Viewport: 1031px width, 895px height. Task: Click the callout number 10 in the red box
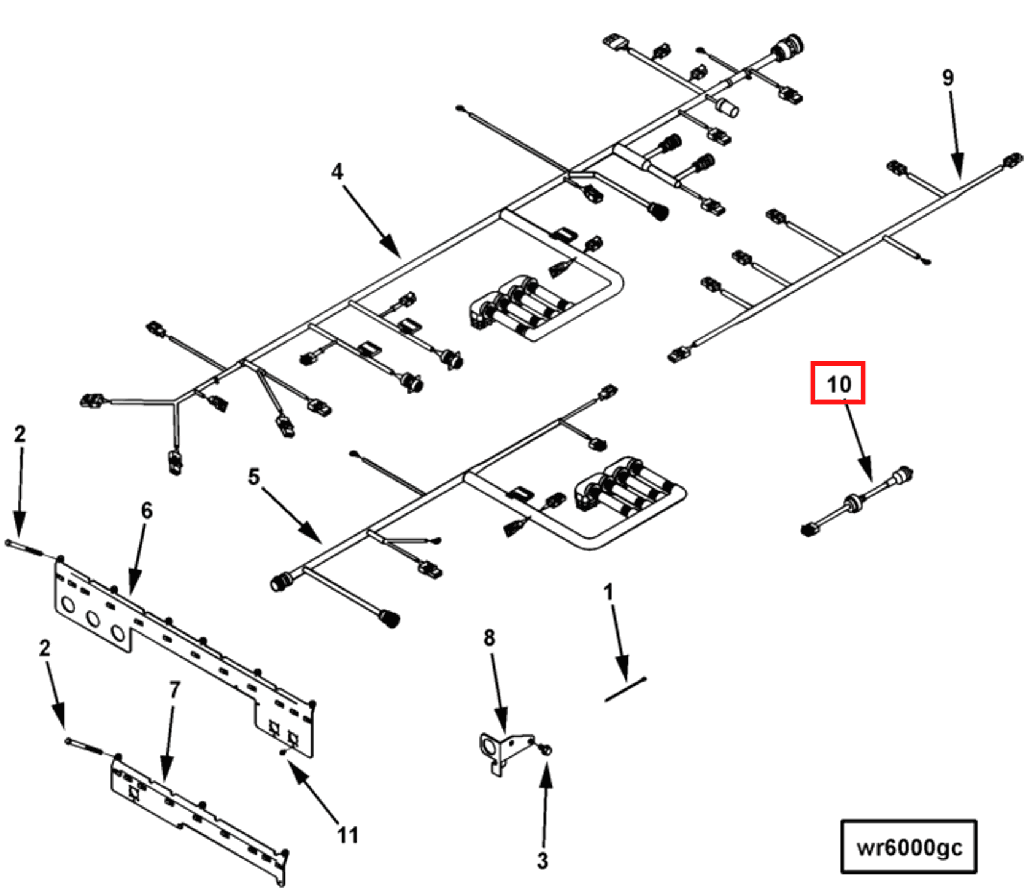838,384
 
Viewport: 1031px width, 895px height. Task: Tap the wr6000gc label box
908,847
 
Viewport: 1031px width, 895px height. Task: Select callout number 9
948,78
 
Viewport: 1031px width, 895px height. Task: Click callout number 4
337,171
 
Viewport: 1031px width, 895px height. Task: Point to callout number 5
253,477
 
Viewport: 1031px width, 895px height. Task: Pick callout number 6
147,510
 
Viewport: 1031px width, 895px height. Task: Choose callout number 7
175,689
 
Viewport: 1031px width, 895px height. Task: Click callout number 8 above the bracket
489,638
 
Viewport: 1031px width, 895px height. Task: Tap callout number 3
543,861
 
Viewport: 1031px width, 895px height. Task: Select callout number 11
347,835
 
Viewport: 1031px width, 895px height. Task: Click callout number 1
608,592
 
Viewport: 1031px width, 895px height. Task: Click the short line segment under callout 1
625,689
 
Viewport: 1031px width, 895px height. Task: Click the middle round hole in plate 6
93,619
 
